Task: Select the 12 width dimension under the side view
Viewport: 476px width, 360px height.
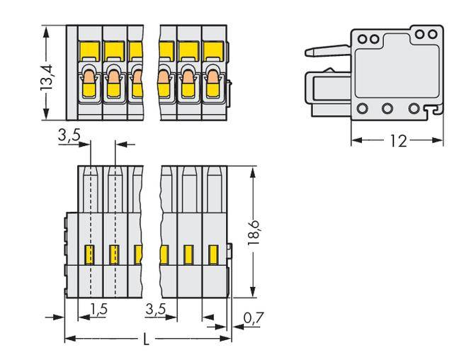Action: pyautogui.click(x=398, y=141)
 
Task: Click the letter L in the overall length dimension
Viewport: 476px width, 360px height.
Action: pyautogui.click(x=146, y=339)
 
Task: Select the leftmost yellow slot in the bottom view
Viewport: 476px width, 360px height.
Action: pyautogui.click(x=90, y=254)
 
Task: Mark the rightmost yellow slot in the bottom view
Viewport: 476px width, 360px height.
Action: pyautogui.click(x=212, y=254)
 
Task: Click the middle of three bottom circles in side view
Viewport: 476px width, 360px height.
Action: pyautogui.click(x=387, y=109)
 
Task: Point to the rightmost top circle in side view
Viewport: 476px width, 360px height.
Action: pyautogui.click(x=431, y=33)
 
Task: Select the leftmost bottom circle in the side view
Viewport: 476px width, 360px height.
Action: pyautogui.click(x=362, y=109)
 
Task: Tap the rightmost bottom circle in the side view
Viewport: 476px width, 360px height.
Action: pyautogui.click(x=414, y=109)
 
